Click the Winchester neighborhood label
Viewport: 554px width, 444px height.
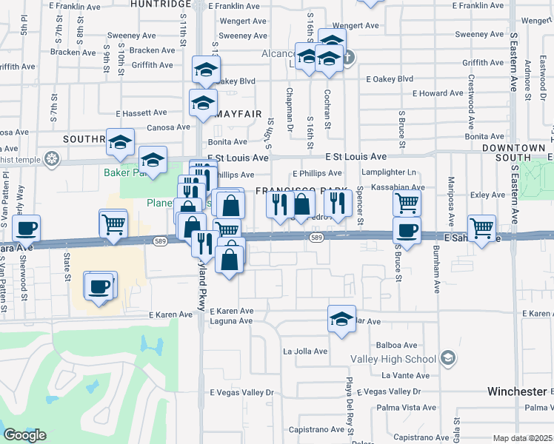pos(515,391)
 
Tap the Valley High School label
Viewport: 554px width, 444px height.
pos(401,359)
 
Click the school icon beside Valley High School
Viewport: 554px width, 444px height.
pos(447,359)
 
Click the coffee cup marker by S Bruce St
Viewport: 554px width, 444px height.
pos(406,230)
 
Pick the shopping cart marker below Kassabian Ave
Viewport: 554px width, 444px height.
pos(406,201)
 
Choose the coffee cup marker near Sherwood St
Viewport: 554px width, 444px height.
pos(27,228)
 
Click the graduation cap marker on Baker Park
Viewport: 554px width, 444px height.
pos(153,160)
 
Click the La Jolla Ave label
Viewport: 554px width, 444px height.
pos(305,351)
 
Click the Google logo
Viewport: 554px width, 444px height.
pos(24,434)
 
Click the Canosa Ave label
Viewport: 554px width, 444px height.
pos(168,127)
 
